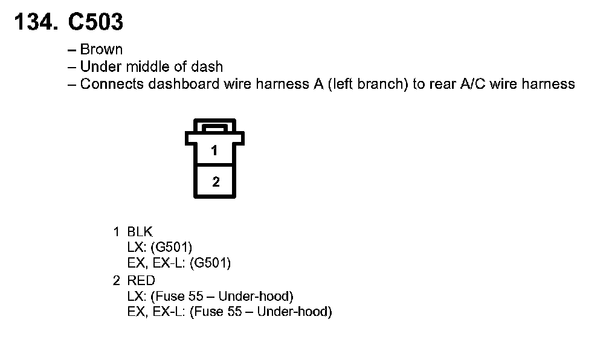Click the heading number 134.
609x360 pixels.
pyautogui.click(x=36, y=22)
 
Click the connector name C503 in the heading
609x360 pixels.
pyautogui.click(x=95, y=22)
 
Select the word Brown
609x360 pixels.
pyautogui.click(x=101, y=50)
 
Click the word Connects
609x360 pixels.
pyautogui.click(x=112, y=84)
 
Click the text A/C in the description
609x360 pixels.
pyautogui.click(x=472, y=84)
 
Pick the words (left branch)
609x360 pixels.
pyautogui.click(x=368, y=84)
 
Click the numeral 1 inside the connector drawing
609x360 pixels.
pyautogui.click(x=214, y=150)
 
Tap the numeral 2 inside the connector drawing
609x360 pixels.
pyautogui.click(x=216, y=182)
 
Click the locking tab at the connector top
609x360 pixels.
pyautogui.click(x=215, y=127)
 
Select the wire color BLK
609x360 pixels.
pyautogui.click(x=140, y=232)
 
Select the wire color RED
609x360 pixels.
pyautogui.click(x=141, y=280)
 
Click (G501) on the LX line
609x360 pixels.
pyautogui.click(x=172, y=248)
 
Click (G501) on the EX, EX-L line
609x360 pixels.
pyautogui.click(x=210, y=263)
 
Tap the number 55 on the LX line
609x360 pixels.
pyautogui.click(x=196, y=297)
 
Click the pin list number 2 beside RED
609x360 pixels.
pyautogui.click(x=117, y=280)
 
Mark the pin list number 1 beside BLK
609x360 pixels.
pyautogui.click(x=116, y=232)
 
